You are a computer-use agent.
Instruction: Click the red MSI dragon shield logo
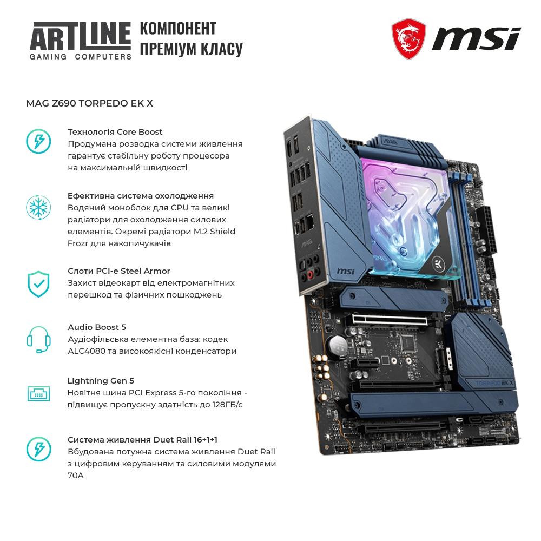(x=408, y=39)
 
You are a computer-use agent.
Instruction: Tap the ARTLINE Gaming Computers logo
(x=81, y=41)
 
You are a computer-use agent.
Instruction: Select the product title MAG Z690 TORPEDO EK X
(x=90, y=103)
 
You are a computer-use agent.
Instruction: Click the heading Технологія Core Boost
(x=115, y=132)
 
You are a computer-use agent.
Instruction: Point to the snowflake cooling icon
(x=38, y=207)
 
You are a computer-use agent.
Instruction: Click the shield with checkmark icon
(x=38, y=283)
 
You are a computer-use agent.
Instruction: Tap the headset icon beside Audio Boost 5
(x=38, y=340)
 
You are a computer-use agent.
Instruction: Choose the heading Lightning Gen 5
(x=101, y=381)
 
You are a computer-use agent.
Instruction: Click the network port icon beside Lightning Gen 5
(x=38, y=393)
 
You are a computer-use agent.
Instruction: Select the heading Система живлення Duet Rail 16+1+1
(x=142, y=439)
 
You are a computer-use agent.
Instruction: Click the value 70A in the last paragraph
(x=76, y=476)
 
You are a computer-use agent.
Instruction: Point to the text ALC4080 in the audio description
(x=87, y=351)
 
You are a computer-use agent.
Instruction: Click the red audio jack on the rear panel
(x=310, y=275)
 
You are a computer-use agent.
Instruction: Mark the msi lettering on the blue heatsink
(x=346, y=271)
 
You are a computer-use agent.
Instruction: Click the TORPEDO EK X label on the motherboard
(x=494, y=384)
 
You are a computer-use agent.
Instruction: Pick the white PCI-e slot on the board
(x=390, y=320)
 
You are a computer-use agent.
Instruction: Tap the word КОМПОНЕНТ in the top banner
(x=178, y=29)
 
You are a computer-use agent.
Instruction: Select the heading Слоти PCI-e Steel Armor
(x=118, y=271)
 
